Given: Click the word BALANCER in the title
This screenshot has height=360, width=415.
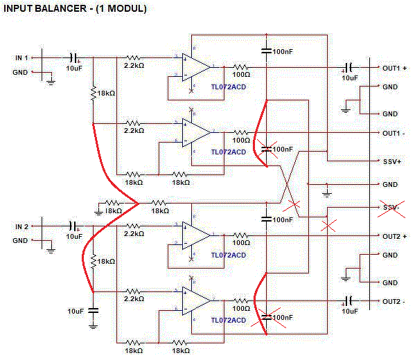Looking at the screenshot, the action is pyautogui.click(x=60, y=8).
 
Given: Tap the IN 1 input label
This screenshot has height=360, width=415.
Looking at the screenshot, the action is pyautogui.click(x=21, y=57).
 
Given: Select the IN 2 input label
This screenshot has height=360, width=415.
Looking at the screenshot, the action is pyautogui.click(x=21, y=226).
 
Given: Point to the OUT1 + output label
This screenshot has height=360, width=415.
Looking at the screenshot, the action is pyautogui.click(x=394, y=69).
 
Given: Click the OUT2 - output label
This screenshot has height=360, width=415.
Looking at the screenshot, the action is pyautogui.click(x=394, y=302).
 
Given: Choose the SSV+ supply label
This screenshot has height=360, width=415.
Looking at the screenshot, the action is pyautogui.click(x=392, y=161).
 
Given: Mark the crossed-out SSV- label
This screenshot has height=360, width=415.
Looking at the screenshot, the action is pyautogui.click(x=391, y=208).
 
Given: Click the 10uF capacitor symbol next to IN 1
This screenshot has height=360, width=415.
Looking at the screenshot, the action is pyautogui.click(x=73, y=57).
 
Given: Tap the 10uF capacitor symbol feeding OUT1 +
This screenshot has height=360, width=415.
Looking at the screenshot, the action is pyautogui.click(x=348, y=67).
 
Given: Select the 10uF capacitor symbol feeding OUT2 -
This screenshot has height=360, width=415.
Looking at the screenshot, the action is pyautogui.click(x=348, y=300).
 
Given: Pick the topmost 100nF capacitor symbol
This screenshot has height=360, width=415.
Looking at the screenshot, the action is pyautogui.click(x=266, y=51).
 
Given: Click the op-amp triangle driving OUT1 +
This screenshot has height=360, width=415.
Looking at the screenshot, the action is pyautogui.click(x=196, y=67).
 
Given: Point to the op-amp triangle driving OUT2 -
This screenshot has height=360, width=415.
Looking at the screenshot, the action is pyautogui.click(x=196, y=300).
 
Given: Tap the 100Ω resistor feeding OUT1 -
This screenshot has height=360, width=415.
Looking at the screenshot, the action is pyautogui.click(x=240, y=132).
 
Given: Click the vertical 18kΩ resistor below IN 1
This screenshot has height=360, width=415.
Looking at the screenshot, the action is pyautogui.click(x=93, y=93).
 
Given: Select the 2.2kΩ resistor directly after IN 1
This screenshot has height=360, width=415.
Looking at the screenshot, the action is pyautogui.click(x=133, y=57).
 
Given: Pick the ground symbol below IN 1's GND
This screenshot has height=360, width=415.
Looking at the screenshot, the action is pyautogui.click(x=51, y=82).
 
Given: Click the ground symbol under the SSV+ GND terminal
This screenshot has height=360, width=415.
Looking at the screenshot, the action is pyautogui.click(x=327, y=195).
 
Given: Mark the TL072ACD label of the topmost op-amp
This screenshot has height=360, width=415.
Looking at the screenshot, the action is pyautogui.click(x=229, y=87).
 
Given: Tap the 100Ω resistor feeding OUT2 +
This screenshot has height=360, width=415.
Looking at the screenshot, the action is pyautogui.click(x=240, y=235).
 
